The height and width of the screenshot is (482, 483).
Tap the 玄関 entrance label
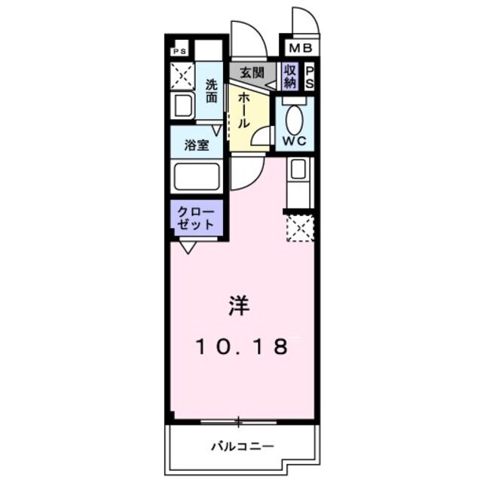point(251,73)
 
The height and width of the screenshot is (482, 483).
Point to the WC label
point(294,141)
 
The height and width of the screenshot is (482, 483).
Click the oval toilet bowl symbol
point(295,116)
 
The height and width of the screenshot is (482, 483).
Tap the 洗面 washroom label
point(212,91)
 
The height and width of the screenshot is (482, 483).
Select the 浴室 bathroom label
point(197,145)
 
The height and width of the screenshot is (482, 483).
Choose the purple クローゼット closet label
point(196,218)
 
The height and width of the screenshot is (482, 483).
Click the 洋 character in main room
point(240,305)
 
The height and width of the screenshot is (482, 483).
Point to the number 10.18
point(243,347)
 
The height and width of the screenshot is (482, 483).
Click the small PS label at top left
point(179,52)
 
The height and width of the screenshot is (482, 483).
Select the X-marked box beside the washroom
point(181,75)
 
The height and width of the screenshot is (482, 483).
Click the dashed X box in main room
point(299,227)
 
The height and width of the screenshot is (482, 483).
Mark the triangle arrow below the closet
point(187,246)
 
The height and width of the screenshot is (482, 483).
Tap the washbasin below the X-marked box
point(182,105)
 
